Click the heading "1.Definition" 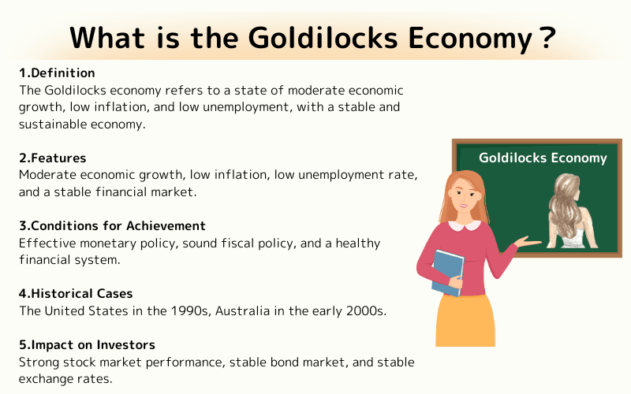click(x=57, y=73)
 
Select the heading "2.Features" click(x=53, y=158)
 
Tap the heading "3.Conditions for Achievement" click(x=112, y=226)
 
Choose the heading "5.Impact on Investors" click(x=87, y=345)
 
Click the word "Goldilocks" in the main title click(x=273, y=36)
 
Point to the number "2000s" click(x=363, y=310)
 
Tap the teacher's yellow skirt click(x=465, y=319)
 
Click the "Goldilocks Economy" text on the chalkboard click(x=543, y=158)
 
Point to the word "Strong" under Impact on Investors click(x=39, y=362)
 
